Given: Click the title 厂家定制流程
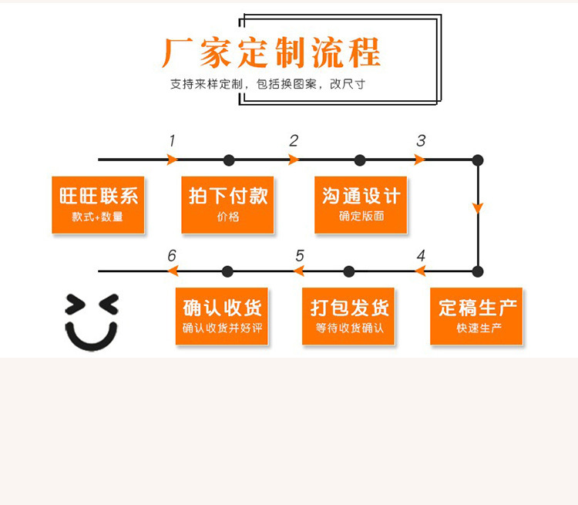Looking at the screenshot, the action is tap(271, 52).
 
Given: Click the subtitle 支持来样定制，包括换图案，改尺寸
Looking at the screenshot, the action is tap(267, 84).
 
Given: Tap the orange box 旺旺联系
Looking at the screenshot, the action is tap(98, 204).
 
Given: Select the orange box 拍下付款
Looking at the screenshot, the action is tap(228, 204).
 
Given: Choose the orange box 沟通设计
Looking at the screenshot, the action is tap(361, 204).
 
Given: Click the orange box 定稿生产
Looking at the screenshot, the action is tap(476, 316).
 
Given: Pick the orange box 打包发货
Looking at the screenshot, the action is tap(349, 316).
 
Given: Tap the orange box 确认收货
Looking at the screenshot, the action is tap(223, 316).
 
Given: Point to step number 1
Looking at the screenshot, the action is tap(172, 141).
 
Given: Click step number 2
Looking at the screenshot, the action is tap(294, 141).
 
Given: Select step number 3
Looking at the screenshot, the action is tap(421, 141).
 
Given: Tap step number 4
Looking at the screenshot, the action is tap(421, 256).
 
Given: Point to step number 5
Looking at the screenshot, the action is tap(300, 256).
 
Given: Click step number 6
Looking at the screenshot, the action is tap(172, 256).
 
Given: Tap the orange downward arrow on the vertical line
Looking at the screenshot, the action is tap(478, 207).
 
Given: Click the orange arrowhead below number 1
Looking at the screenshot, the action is tap(173, 160).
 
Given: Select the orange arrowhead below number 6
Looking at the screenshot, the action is tap(173, 271).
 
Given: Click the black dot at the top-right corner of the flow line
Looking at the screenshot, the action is tap(478, 160).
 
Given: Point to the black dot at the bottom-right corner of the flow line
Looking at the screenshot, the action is tap(478, 271).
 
